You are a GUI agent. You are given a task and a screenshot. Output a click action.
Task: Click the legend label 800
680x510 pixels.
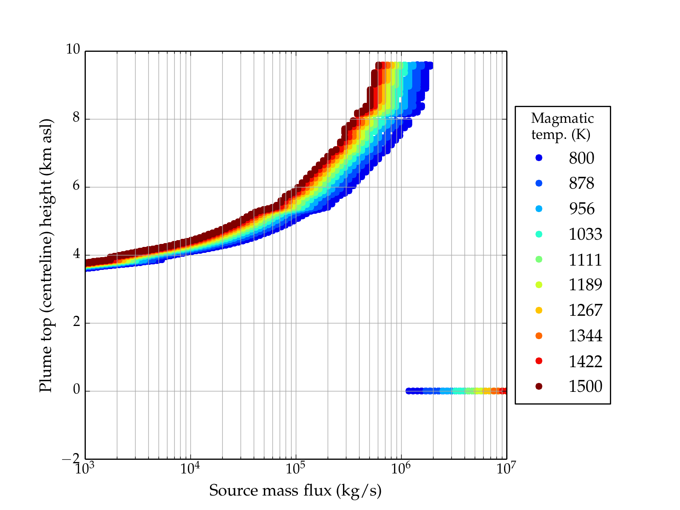(581, 158)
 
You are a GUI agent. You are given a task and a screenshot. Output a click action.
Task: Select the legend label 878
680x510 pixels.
(581, 183)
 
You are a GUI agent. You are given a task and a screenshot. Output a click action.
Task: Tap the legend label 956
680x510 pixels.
(581, 209)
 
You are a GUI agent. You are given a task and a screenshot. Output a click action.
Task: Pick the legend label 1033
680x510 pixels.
(585, 234)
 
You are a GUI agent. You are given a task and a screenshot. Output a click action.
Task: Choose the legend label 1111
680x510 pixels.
(585, 260)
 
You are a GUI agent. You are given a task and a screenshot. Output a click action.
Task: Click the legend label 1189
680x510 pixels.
(585, 285)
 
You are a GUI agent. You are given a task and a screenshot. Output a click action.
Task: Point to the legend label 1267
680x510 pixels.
(585, 310)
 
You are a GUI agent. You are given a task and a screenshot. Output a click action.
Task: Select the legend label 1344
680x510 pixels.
(585, 336)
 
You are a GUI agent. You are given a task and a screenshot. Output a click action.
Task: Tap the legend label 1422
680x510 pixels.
(585, 361)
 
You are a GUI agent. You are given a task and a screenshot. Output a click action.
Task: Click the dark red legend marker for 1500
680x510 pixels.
(539, 386)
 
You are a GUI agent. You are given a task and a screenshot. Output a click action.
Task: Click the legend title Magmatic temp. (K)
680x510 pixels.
(562, 126)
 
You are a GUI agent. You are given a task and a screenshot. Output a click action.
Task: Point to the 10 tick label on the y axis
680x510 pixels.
(73, 50)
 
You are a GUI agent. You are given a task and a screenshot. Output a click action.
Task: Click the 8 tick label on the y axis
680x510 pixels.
(76, 118)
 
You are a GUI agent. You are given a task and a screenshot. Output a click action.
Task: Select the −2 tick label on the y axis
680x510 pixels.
(71, 459)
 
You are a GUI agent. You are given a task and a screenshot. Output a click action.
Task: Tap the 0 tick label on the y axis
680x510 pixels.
(76, 390)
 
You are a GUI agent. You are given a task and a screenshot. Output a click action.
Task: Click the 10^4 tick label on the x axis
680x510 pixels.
(190, 469)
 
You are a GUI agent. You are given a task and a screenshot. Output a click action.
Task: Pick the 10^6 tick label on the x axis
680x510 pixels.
(401, 469)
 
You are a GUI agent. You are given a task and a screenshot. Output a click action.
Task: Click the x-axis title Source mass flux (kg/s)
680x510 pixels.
(295, 491)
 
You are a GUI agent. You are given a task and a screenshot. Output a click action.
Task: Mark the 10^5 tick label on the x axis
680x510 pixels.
(295, 469)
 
